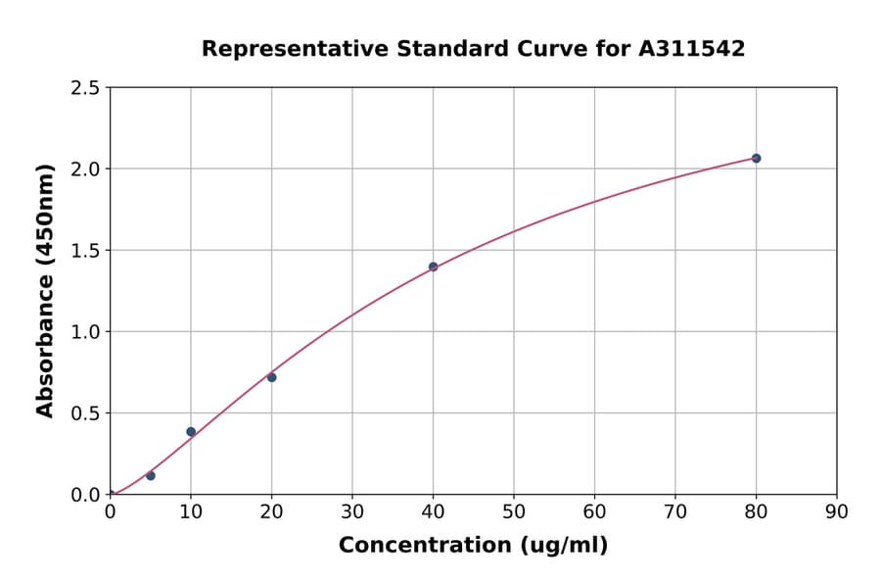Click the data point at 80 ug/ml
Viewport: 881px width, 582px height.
pos(756,158)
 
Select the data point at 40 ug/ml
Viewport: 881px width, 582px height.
pos(433,267)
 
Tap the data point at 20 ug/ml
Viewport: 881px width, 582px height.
pos(271,377)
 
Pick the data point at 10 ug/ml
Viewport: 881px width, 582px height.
pos(191,431)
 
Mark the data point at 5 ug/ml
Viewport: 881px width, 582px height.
pos(150,475)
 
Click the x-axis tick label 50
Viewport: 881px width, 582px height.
pos(514,510)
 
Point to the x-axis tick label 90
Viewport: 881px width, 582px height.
pos(837,510)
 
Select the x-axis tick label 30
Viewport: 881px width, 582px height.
pos(352,510)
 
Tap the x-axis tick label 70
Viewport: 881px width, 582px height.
pos(675,510)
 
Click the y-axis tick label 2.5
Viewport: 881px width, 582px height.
pos(85,88)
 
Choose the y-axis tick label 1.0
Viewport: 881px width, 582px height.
pos(85,332)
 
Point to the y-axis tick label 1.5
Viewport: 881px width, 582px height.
pos(85,251)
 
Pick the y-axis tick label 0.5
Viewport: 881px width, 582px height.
pos(85,413)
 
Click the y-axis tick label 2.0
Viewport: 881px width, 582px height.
pos(85,170)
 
